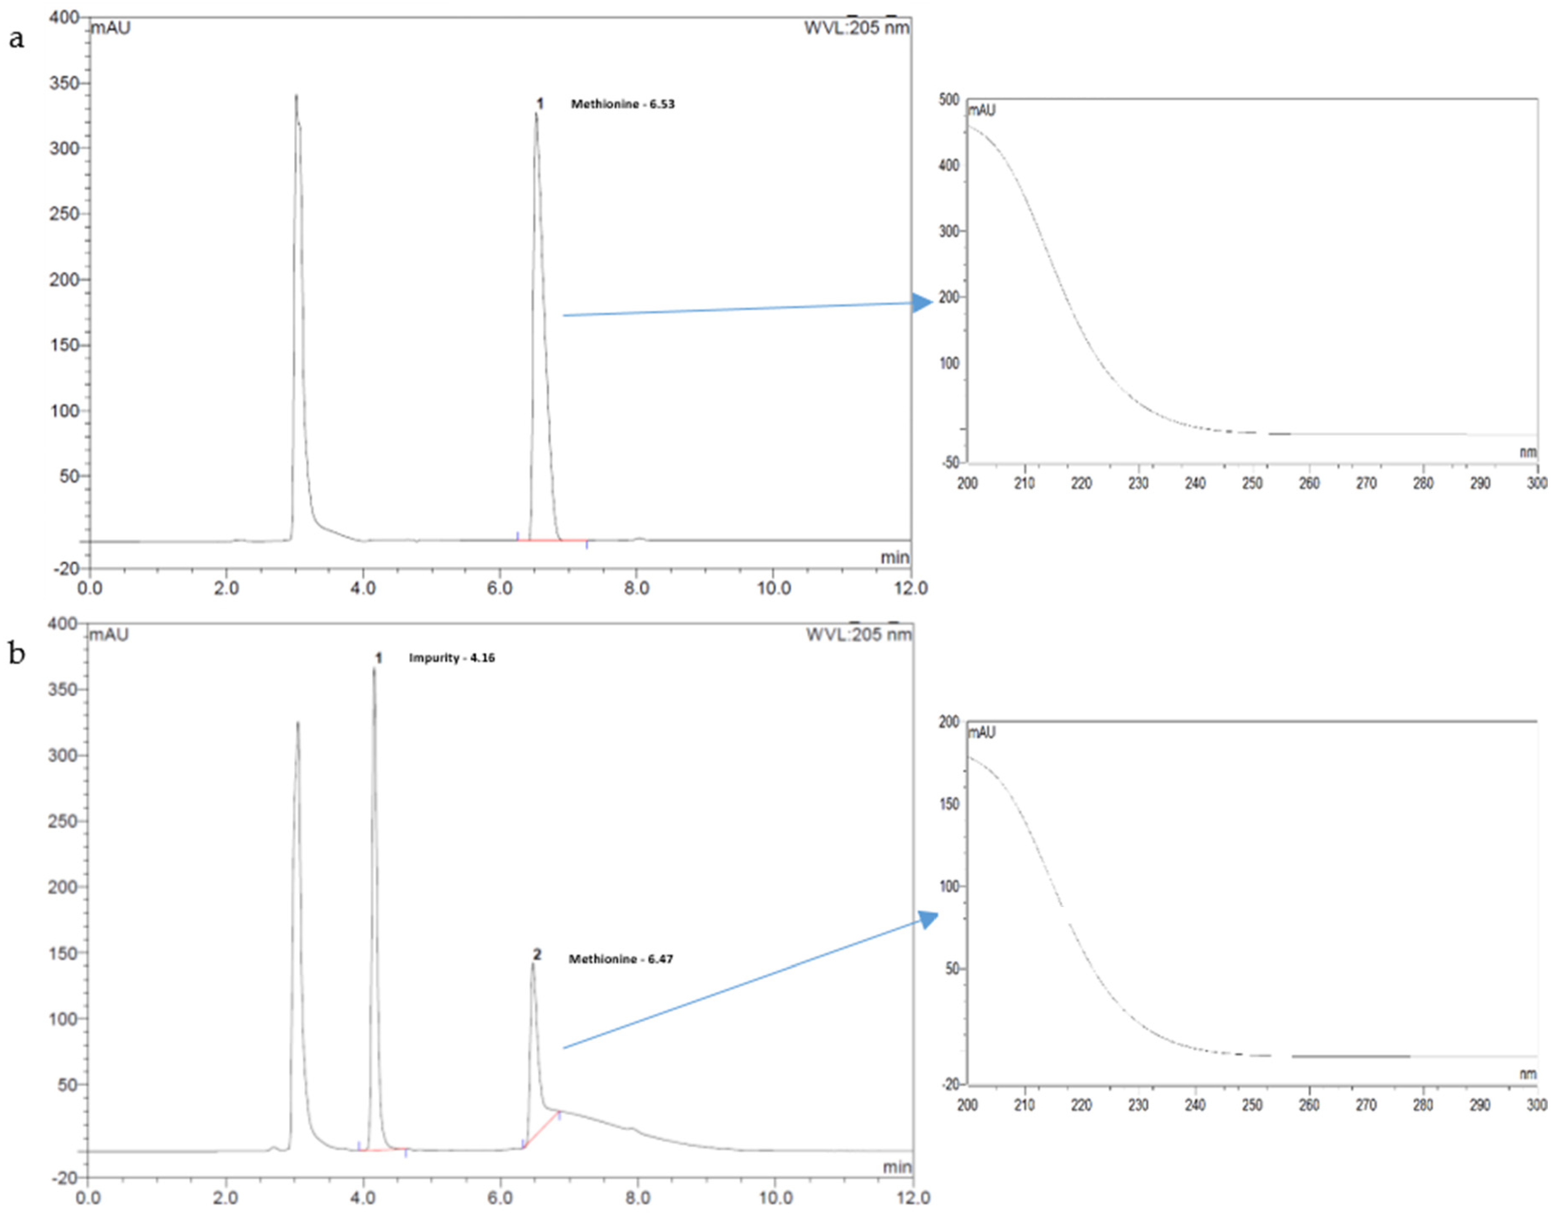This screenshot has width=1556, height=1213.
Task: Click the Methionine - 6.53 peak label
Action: pos(622,104)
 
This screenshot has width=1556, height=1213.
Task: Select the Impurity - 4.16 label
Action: pos(452,658)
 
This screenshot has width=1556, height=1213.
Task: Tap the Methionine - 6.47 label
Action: pos(620,959)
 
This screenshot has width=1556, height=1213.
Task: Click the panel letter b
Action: pos(16,652)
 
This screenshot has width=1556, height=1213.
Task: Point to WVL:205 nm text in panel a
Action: pos(856,28)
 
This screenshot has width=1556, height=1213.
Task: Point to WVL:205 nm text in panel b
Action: pos(859,634)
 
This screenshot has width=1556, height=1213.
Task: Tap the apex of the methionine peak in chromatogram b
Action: pos(533,964)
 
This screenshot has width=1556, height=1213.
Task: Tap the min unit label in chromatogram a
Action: pos(895,557)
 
